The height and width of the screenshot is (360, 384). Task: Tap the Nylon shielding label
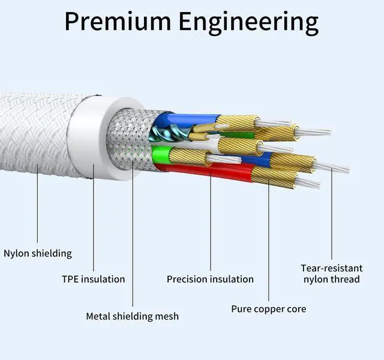tap(38, 253)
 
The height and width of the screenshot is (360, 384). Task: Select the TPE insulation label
tap(94, 279)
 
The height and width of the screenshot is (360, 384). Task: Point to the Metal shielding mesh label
tap(132, 316)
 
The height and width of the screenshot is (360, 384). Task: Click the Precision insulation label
tap(210, 279)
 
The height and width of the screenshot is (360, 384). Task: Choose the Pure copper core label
tap(268, 309)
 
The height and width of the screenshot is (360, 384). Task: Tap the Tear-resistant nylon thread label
tap(331, 274)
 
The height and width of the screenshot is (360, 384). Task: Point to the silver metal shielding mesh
tap(129, 141)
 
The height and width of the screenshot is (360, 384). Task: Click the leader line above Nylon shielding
tap(38, 204)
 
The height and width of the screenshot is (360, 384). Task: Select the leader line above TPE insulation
tap(94, 216)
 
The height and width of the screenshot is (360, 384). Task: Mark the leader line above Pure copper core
tap(268, 240)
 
